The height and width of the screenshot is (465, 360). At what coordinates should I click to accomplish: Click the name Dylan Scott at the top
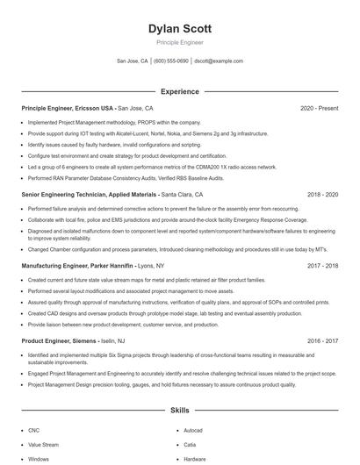coord(179,29)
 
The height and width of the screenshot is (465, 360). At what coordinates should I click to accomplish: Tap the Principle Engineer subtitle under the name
coord(179,42)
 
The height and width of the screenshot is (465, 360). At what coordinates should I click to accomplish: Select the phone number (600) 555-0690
coord(171,61)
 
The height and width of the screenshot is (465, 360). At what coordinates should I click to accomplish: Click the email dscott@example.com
coord(219,61)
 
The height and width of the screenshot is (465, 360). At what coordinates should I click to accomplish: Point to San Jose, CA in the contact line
coord(133,61)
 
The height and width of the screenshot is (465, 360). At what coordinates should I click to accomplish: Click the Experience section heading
coord(179,91)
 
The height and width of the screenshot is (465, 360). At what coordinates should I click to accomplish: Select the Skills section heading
coord(179,410)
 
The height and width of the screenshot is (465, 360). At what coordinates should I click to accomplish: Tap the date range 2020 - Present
coord(319,108)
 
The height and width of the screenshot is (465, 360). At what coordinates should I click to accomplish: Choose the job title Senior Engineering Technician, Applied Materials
coord(90,194)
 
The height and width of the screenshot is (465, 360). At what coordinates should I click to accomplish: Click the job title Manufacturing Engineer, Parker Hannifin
coord(79,264)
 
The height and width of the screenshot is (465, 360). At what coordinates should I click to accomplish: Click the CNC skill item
coord(33,431)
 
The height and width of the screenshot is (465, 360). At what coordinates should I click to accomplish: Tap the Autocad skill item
coord(193,431)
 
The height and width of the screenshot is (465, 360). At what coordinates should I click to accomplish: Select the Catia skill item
coord(190,445)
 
